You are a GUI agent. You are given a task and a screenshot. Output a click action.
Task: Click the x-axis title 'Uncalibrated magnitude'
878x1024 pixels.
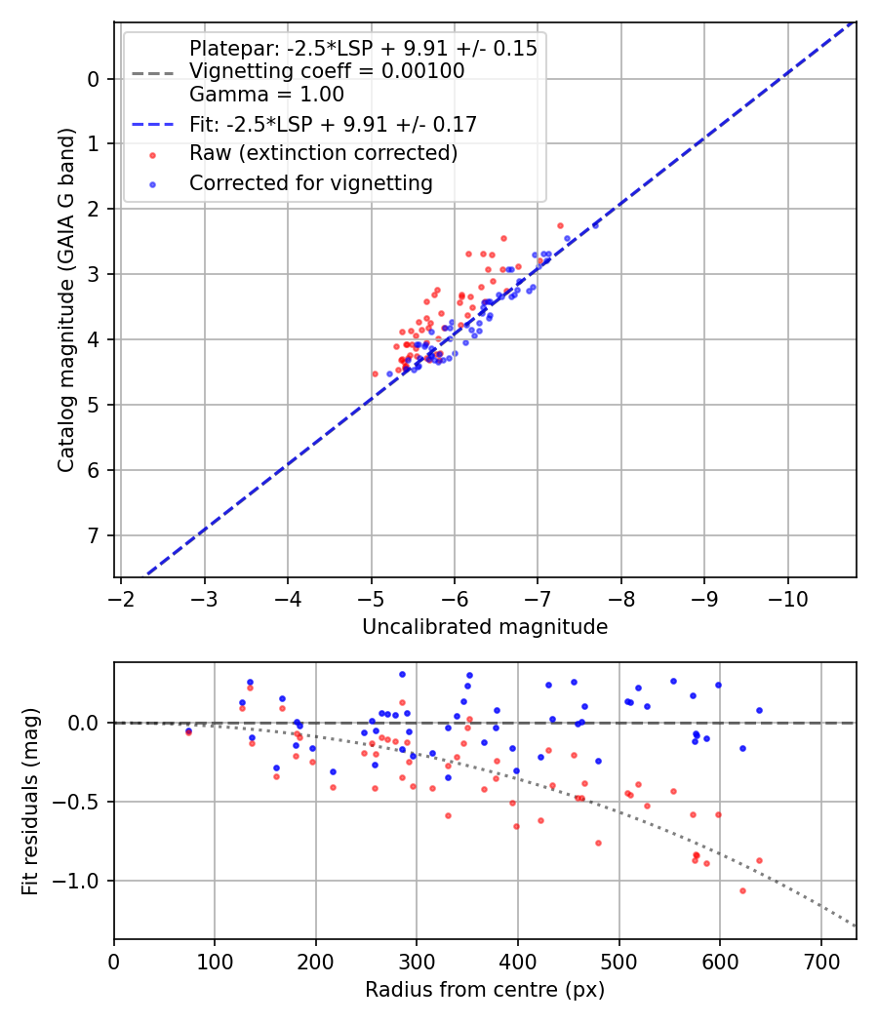[485, 627]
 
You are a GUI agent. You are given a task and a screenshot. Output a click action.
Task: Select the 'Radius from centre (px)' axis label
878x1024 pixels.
[485, 990]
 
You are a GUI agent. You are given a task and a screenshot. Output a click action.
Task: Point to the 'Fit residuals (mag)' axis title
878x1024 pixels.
[30, 801]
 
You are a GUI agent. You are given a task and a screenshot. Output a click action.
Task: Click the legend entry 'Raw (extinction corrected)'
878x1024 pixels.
[323, 153]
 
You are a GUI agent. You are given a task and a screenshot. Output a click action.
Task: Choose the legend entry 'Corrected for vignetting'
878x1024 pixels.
[311, 182]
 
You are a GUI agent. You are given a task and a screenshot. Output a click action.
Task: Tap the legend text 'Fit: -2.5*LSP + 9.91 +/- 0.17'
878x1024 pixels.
[333, 124]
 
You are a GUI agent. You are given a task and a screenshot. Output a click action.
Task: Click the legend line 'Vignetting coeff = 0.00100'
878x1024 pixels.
[327, 71]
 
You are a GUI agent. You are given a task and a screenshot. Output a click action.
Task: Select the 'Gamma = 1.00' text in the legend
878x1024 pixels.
[266, 95]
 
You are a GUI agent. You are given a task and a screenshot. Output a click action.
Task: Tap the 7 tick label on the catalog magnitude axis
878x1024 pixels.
[95, 535]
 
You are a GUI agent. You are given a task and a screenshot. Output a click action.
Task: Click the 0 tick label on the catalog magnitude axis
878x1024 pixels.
[95, 79]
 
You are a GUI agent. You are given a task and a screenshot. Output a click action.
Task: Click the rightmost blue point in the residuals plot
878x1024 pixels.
[759, 710]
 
